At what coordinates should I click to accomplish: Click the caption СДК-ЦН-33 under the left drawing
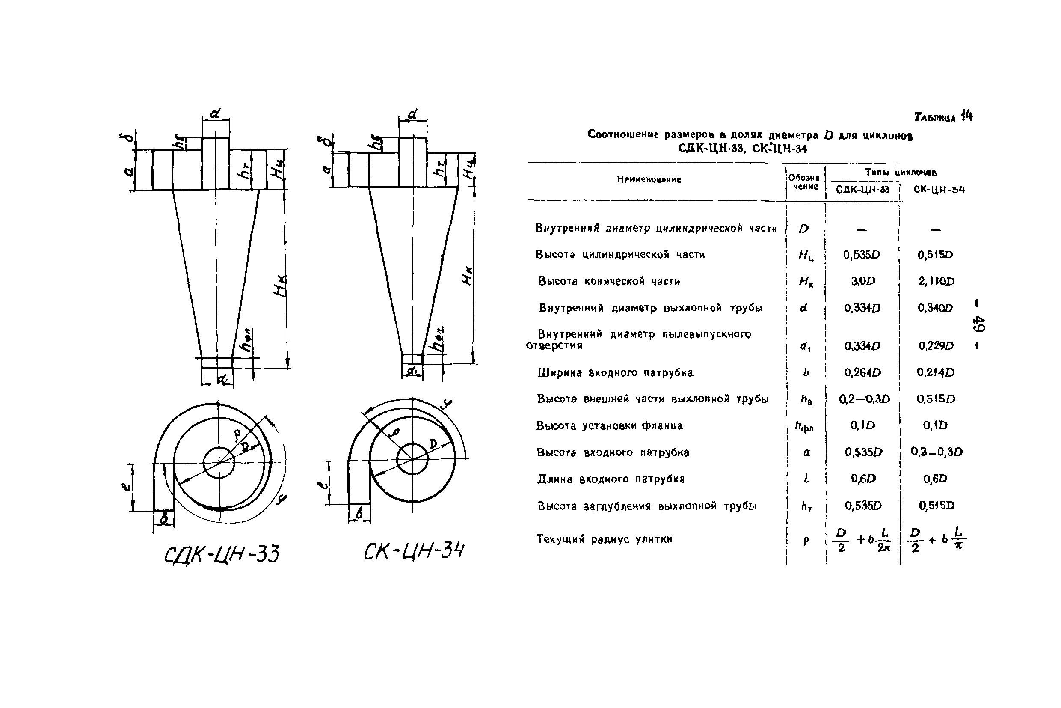pos(222,554)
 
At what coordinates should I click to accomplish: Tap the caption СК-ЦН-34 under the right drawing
pos(414,551)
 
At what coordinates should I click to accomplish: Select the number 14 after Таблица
pos(967,116)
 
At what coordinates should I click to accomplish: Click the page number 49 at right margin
pos(978,323)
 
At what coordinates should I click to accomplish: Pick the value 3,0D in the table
pos(863,281)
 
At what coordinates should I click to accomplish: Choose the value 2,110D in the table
pos(937,281)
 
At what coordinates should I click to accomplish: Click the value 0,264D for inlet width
pos(862,372)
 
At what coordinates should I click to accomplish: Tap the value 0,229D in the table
pos(936,346)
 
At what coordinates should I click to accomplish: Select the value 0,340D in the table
pos(935,308)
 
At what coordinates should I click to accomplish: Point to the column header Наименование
pos(649,180)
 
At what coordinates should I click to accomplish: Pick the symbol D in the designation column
pos(803,229)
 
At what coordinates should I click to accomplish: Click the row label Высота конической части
pos(609,281)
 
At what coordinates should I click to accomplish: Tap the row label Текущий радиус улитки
pos(604,538)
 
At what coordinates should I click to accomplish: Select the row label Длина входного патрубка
pos(611,479)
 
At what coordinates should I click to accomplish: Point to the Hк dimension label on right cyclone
pos(468,275)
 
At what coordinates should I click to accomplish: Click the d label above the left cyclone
pos(215,113)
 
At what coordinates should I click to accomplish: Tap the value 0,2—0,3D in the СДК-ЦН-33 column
pos(864,399)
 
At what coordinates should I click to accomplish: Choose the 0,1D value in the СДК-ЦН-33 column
pos(862,425)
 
